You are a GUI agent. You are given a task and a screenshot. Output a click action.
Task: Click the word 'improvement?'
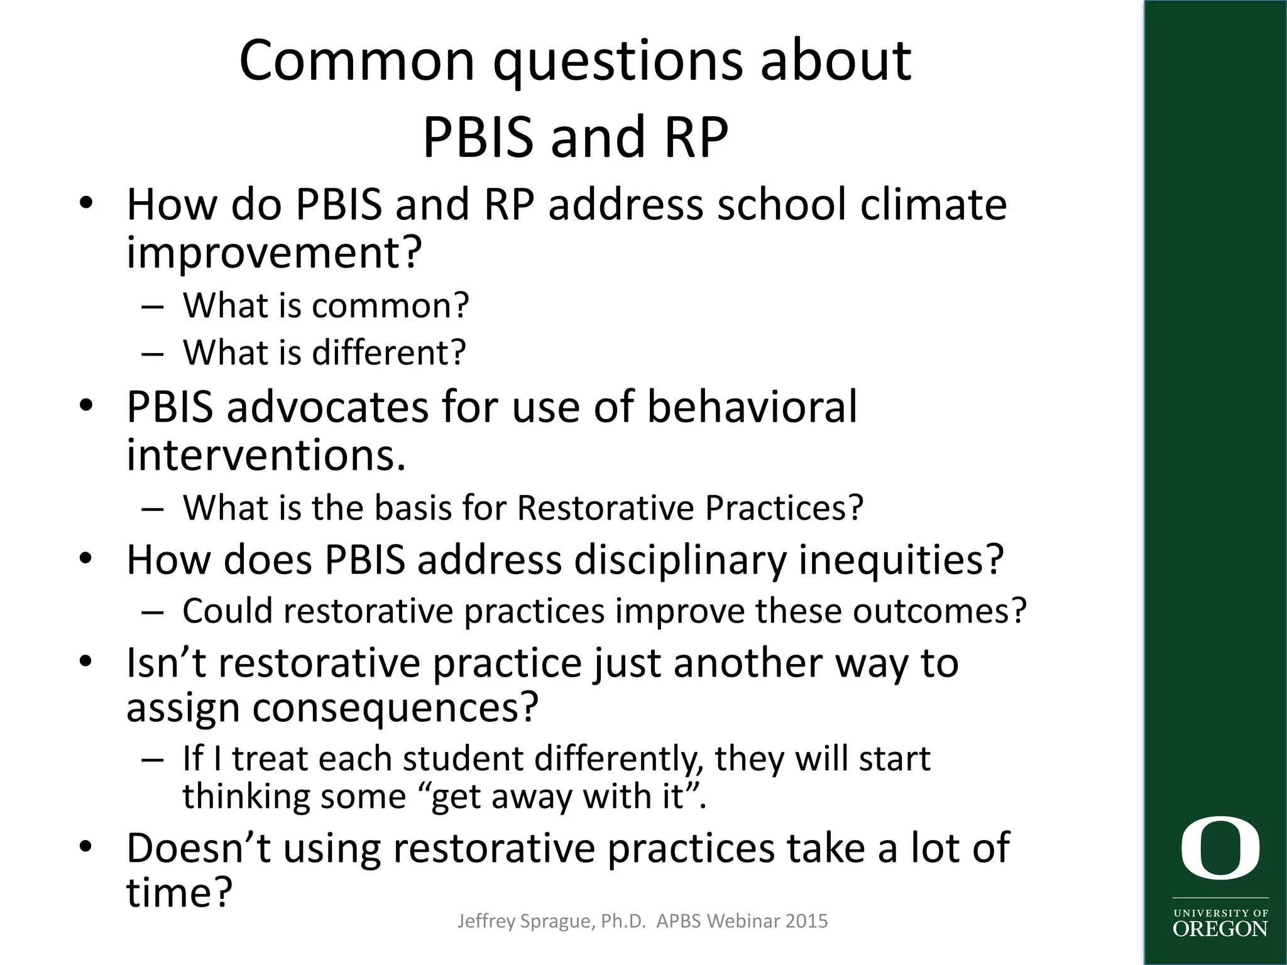[273, 253]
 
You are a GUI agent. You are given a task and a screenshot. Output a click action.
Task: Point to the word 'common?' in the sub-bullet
[390, 306]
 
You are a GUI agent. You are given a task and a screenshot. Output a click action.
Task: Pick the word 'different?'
[389, 352]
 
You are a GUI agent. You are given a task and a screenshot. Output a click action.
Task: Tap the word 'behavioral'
[752, 406]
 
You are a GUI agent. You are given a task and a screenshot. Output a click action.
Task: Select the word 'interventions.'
[266, 454]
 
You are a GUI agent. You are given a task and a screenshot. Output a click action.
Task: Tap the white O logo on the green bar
[1220, 848]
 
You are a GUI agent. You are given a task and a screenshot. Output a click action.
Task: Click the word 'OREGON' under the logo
[1220, 929]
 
